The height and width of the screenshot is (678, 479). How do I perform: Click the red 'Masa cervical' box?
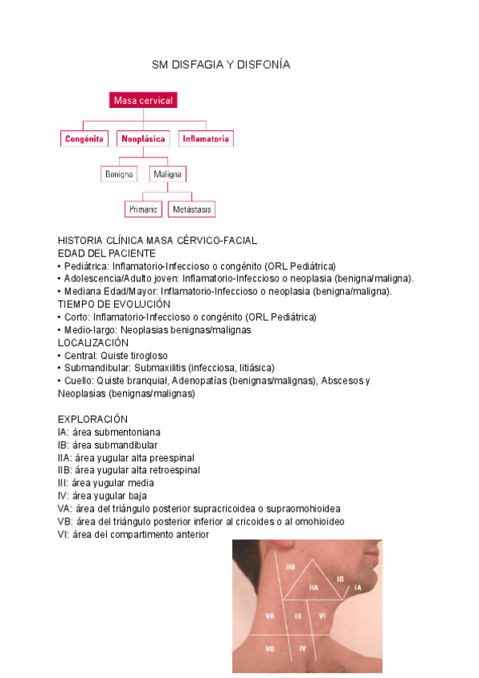point(143,101)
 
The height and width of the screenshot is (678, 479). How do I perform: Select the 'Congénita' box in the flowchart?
point(84,138)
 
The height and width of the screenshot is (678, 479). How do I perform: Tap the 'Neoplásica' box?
point(143,138)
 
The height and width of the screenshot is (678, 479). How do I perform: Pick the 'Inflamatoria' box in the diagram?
point(206,138)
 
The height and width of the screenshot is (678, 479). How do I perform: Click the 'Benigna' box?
point(119,173)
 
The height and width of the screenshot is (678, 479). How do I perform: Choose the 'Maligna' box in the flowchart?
point(167,173)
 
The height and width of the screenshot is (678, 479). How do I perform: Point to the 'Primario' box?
point(143,209)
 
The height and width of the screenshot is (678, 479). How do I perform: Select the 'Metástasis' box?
point(192,209)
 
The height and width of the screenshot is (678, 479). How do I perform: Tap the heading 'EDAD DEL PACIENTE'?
point(107,253)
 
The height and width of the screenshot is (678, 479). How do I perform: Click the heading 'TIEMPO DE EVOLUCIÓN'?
point(114,305)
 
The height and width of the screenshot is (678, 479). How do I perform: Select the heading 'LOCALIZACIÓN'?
point(93,342)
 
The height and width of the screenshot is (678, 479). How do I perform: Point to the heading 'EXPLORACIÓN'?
point(93,419)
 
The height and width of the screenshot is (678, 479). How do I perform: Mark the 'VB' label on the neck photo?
point(270,648)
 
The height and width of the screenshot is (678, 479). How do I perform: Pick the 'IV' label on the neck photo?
point(303,648)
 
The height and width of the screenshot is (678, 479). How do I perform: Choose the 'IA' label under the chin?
point(358,588)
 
